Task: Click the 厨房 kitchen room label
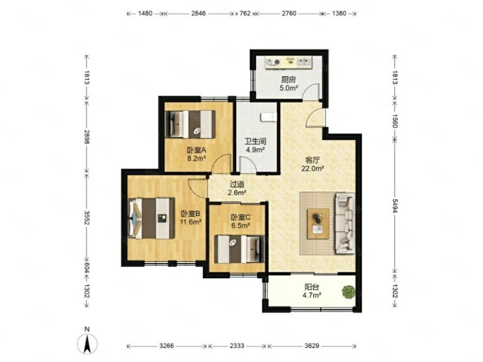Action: coord(288,80)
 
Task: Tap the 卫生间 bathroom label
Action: coord(255,141)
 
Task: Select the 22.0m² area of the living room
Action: coord(313,169)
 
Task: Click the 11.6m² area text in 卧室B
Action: coord(191,222)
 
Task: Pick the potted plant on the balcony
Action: coord(349,292)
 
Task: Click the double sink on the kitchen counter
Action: coord(304,62)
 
